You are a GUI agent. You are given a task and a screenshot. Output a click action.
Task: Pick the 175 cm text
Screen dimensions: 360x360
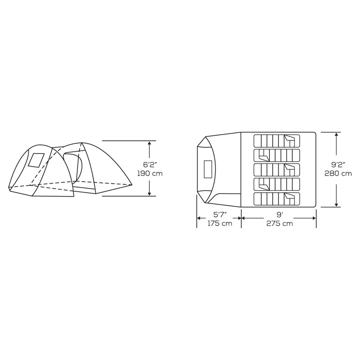point(219,224)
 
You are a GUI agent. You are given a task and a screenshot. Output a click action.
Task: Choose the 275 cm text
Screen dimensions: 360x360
point(279,224)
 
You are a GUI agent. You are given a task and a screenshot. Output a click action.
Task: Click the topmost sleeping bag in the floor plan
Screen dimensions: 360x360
point(276,140)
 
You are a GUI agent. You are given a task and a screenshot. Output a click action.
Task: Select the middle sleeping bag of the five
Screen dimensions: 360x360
point(276,170)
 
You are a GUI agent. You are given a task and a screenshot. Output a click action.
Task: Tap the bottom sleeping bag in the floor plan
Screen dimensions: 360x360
point(276,198)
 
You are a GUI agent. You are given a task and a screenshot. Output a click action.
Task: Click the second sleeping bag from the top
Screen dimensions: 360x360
point(276,155)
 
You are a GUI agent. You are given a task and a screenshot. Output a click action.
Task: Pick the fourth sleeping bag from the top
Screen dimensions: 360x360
point(276,184)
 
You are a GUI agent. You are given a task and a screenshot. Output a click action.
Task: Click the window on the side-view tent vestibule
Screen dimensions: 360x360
point(36,161)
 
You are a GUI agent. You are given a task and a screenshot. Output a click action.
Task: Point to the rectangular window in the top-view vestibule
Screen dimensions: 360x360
point(208,170)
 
